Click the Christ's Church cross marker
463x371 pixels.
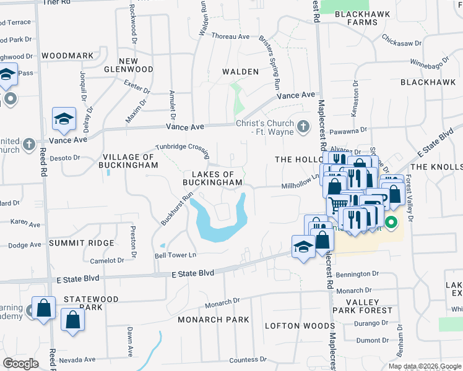coord(303,127)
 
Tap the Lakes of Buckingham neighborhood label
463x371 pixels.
coord(212,178)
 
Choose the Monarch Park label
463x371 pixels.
coord(213,320)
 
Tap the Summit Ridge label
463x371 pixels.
coord(83,243)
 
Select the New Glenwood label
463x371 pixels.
coord(137,65)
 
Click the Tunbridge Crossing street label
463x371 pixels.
coord(182,147)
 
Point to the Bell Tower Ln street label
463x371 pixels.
coord(175,255)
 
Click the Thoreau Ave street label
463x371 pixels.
coord(230,36)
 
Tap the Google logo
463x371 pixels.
coord(21,363)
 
